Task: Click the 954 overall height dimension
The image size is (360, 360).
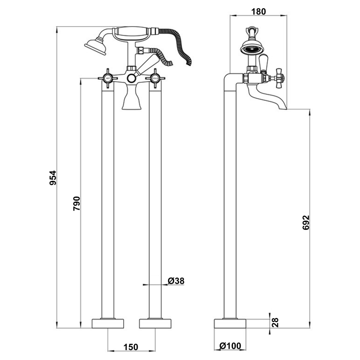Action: [x=53, y=178]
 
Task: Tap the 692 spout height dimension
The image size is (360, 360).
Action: [x=306, y=223]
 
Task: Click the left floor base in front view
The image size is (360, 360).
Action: [x=108, y=324]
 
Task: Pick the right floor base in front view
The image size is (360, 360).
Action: [x=156, y=324]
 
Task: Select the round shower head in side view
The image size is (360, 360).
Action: [x=251, y=49]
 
